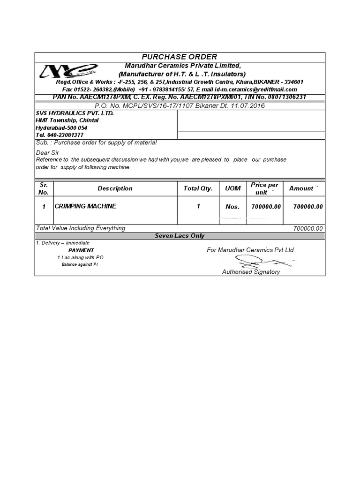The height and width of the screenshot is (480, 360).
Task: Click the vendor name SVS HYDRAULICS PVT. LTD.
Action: pyautogui.click(x=75, y=113)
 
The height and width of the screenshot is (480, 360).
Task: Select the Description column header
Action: pyautogui.click(x=115, y=188)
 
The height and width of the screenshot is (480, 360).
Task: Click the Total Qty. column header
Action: pyautogui.click(x=198, y=188)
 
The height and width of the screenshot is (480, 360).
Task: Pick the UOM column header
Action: pyautogui.click(x=232, y=188)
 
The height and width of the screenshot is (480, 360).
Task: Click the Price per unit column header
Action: pyautogui.click(x=264, y=188)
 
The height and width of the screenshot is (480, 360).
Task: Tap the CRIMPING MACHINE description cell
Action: pyautogui.click(x=85, y=206)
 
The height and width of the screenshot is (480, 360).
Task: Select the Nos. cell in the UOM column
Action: pyautogui.click(x=232, y=207)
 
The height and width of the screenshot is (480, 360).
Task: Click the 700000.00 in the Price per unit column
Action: pyautogui.click(x=266, y=207)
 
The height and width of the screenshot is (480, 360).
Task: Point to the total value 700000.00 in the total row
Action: pyautogui.click(x=307, y=229)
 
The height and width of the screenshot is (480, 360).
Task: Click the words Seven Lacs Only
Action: pyautogui.click(x=180, y=236)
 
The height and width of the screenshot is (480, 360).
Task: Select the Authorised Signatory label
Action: pyautogui.click(x=251, y=272)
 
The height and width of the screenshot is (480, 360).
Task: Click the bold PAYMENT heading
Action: pyautogui.click(x=81, y=250)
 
